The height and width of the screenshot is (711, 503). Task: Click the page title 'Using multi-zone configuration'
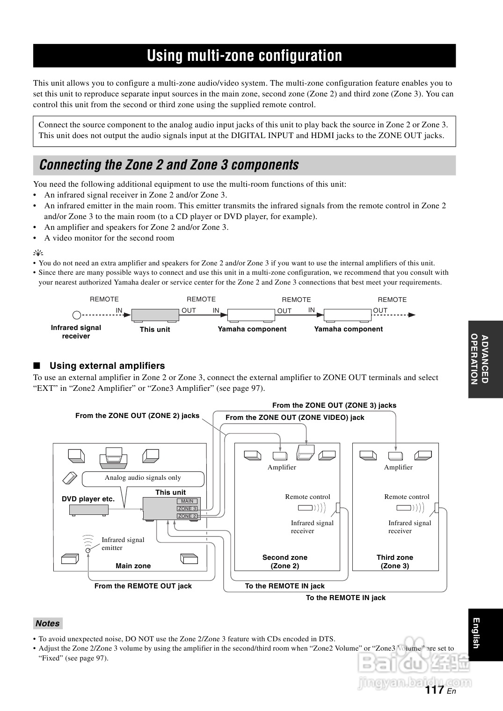244,56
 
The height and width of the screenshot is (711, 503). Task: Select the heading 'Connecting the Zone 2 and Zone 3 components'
169,165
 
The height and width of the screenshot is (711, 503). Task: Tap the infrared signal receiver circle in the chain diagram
77,315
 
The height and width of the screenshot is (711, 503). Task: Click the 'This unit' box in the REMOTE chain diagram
155,315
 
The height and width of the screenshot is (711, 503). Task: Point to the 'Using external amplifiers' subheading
107,366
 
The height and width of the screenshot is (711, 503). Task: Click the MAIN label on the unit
187,501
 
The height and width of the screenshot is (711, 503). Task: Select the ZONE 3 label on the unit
187,508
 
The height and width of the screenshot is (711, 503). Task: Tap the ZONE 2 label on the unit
187,516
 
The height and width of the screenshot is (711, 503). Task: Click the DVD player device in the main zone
89,509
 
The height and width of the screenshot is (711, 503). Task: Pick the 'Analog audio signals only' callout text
143,477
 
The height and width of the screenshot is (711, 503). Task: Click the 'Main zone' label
133,566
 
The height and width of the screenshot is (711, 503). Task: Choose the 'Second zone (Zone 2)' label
285,562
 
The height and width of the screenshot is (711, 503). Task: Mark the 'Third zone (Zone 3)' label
395,562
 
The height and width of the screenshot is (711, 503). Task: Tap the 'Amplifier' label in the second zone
282,467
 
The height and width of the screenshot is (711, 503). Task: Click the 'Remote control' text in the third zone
407,497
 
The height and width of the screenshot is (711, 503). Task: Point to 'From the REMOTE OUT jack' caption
143,586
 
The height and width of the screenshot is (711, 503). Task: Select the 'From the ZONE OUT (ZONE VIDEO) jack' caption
295,418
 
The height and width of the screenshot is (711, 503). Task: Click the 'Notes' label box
48,623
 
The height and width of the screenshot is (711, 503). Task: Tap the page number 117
435,689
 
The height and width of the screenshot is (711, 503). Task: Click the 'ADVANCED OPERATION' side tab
480,359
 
